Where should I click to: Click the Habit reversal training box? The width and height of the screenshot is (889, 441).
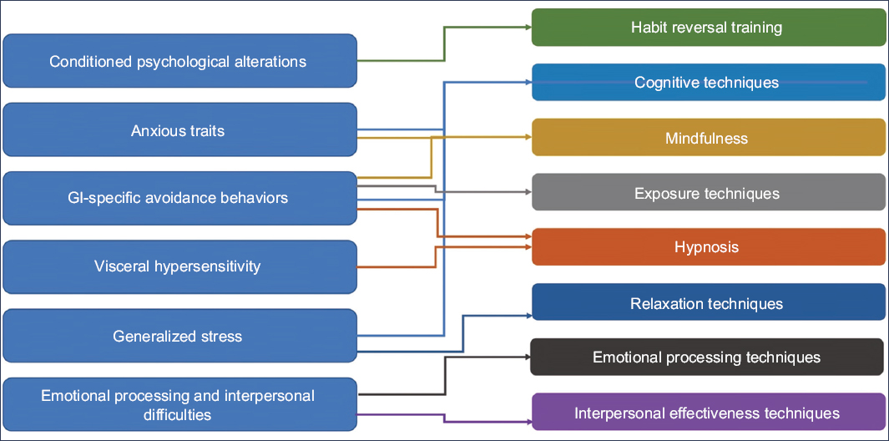point(708,28)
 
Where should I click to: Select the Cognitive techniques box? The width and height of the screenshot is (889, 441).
point(708,83)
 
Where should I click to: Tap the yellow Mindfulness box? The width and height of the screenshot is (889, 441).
point(708,138)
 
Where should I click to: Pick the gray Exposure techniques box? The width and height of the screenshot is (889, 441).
point(708,193)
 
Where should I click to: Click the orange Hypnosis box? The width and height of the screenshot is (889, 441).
point(708,247)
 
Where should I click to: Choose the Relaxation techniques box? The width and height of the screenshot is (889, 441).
point(708,302)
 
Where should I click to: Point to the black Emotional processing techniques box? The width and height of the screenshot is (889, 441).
point(708,357)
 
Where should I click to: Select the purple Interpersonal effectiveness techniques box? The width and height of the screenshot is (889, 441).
point(708,413)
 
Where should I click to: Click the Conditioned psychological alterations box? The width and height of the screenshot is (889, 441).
point(179,61)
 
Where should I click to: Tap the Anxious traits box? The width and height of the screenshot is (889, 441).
point(179,129)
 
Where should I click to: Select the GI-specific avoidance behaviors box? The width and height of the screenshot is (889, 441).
point(179,198)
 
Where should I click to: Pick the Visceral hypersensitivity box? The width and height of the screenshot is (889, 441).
point(179,266)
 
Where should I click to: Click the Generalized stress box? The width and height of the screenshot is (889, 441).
point(179,337)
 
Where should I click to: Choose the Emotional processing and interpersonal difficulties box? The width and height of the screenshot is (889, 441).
point(179,404)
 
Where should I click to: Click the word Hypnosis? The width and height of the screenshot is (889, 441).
point(706,247)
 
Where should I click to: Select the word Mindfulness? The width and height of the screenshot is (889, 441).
point(706,138)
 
